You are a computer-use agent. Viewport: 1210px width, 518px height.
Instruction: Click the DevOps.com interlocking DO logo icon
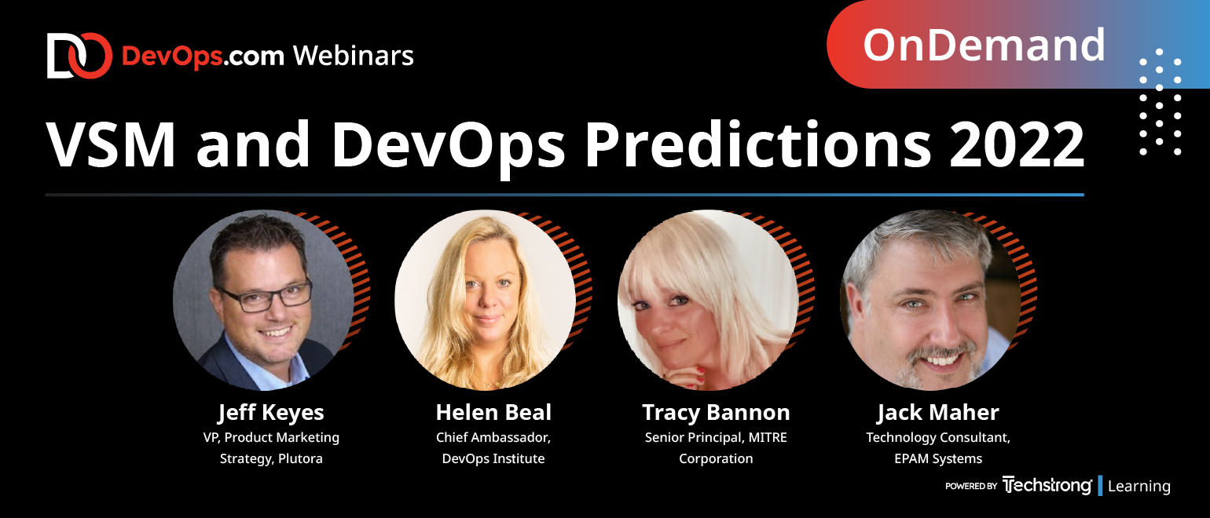pos(79,56)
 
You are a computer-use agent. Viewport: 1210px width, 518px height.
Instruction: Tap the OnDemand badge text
pos(984,45)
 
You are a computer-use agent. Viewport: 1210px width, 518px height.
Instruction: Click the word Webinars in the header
pos(354,56)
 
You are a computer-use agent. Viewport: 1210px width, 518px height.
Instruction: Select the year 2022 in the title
pos(1017,144)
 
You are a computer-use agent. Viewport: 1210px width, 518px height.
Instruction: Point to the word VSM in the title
pos(112,144)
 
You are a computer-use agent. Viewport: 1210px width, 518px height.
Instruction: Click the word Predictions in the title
pos(758,144)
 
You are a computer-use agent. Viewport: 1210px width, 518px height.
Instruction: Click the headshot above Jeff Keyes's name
pos(264,300)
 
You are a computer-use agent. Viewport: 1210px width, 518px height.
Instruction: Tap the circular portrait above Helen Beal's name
pos(485,300)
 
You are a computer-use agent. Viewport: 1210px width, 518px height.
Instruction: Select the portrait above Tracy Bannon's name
pos(708,300)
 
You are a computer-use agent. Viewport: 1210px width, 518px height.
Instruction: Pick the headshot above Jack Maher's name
pos(931,300)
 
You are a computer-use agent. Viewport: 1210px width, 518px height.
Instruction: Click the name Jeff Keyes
pos(271,413)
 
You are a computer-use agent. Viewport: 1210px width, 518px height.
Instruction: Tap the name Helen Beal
pos(493,412)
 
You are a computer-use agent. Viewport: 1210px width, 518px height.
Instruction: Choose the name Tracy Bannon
pos(716,413)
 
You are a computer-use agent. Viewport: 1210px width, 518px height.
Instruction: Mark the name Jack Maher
pos(938,413)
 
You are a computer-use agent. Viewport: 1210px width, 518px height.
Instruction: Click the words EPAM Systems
pos(938,458)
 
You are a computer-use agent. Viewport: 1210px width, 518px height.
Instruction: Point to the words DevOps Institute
pos(493,458)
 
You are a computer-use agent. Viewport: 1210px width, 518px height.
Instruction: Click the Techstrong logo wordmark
pos(1047,485)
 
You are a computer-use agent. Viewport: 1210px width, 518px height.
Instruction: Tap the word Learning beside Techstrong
pos(1139,486)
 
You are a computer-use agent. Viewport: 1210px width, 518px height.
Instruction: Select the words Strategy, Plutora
pos(271,458)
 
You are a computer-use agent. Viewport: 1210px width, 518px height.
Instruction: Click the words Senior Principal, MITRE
pos(716,438)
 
